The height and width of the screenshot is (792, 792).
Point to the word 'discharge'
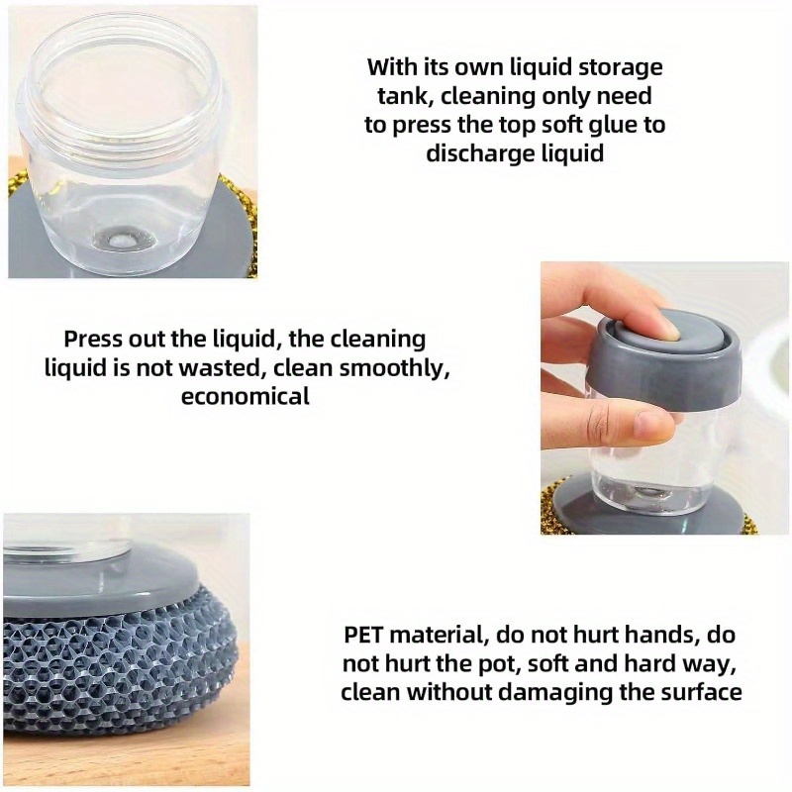pyautogui.click(x=479, y=153)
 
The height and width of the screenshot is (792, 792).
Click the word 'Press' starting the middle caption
pyautogui.click(x=92, y=339)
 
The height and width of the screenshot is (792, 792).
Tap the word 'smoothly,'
pyautogui.click(x=394, y=369)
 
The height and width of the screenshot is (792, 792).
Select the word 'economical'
pyautogui.click(x=246, y=396)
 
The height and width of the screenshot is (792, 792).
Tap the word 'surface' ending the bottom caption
pyautogui.click(x=702, y=692)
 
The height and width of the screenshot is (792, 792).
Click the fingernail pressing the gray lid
pyautogui.click(x=671, y=332)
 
